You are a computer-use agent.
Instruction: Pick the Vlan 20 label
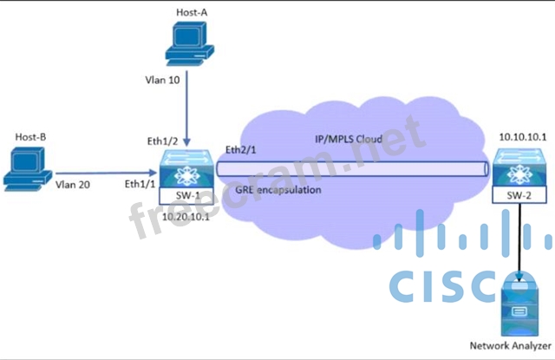(75, 184)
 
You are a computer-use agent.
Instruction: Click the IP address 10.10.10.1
(520, 137)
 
